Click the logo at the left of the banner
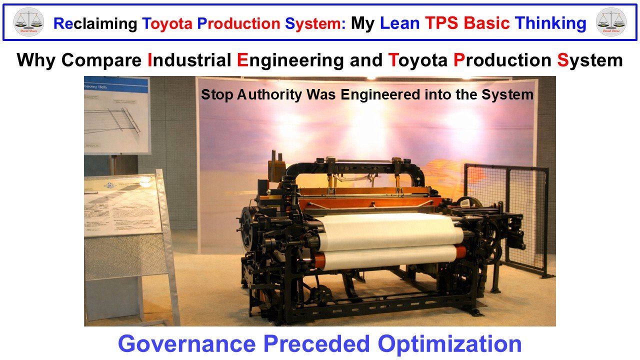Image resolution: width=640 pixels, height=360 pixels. [28, 22]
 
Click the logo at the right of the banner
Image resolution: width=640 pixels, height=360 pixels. [611, 22]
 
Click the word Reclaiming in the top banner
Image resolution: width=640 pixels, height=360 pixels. [94, 23]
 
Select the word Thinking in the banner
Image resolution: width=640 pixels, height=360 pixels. [550, 23]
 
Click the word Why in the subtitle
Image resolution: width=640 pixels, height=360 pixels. [35, 60]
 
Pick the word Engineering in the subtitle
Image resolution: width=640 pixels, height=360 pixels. [290, 60]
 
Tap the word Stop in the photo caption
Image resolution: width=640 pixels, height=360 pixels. [216, 94]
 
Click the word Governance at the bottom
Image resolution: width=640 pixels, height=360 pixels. [187, 343]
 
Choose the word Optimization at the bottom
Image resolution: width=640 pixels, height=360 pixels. [449, 343]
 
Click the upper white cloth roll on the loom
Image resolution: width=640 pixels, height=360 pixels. [390, 232]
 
